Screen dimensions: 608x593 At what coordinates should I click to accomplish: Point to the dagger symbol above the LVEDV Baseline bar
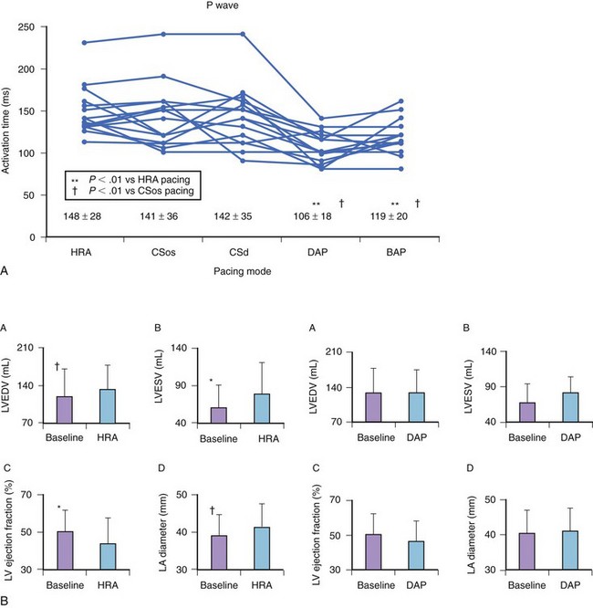point(57,366)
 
